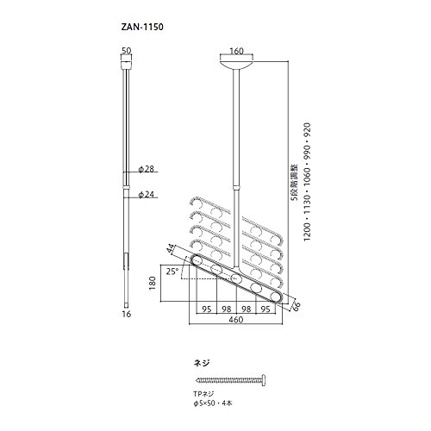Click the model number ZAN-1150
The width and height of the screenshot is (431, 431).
(142, 27)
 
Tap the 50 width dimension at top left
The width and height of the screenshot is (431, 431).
(126, 51)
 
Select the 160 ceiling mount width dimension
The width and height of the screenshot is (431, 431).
(236, 51)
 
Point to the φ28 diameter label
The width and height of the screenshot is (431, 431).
(147, 169)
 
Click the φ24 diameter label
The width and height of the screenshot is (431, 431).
(147, 195)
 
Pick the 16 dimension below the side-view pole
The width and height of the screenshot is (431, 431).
(126, 314)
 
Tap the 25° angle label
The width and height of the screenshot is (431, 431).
(172, 272)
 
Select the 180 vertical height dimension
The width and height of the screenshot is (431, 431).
(152, 283)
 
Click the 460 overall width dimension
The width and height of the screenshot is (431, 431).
(236, 320)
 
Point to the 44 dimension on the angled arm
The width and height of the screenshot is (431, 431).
(172, 248)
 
